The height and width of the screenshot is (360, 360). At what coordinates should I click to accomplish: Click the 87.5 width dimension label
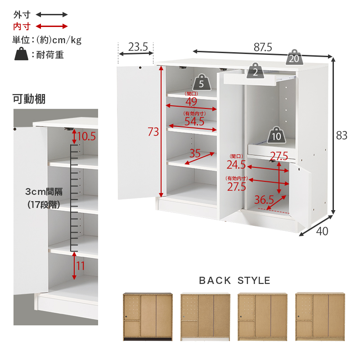tap(263, 47)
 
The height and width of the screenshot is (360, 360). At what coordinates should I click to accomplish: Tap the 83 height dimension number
tap(342, 135)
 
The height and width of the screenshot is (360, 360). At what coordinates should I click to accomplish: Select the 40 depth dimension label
tap(322, 231)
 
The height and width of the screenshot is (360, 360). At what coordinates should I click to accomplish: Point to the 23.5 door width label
tap(138, 47)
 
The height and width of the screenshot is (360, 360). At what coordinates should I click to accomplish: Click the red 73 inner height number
tap(153, 132)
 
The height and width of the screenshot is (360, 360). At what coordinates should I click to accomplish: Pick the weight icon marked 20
tap(294, 57)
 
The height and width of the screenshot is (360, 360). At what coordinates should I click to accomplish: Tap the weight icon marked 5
tap(202, 82)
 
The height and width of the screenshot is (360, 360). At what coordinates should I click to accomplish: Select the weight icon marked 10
tap(276, 135)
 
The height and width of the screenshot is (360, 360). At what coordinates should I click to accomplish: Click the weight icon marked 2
tap(255, 71)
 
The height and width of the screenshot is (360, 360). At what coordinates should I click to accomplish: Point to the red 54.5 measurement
tap(194, 121)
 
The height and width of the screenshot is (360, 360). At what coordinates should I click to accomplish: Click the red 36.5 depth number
tap(264, 199)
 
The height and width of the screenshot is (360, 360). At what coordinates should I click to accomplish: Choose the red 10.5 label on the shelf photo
tap(86, 136)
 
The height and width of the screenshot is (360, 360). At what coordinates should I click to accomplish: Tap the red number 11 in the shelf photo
tap(81, 266)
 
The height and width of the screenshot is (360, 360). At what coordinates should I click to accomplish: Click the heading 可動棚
tap(29, 99)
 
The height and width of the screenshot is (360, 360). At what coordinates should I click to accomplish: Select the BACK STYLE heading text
tap(234, 280)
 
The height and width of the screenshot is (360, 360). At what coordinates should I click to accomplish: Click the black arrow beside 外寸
tap(52, 15)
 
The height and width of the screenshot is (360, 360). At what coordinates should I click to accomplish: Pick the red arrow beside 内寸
tap(52, 26)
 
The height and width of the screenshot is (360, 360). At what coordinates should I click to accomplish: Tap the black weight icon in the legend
tap(21, 54)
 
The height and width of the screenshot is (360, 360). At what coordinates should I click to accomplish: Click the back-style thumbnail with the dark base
tap(148, 316)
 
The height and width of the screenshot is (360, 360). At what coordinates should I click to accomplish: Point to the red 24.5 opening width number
tap(236, 165)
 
